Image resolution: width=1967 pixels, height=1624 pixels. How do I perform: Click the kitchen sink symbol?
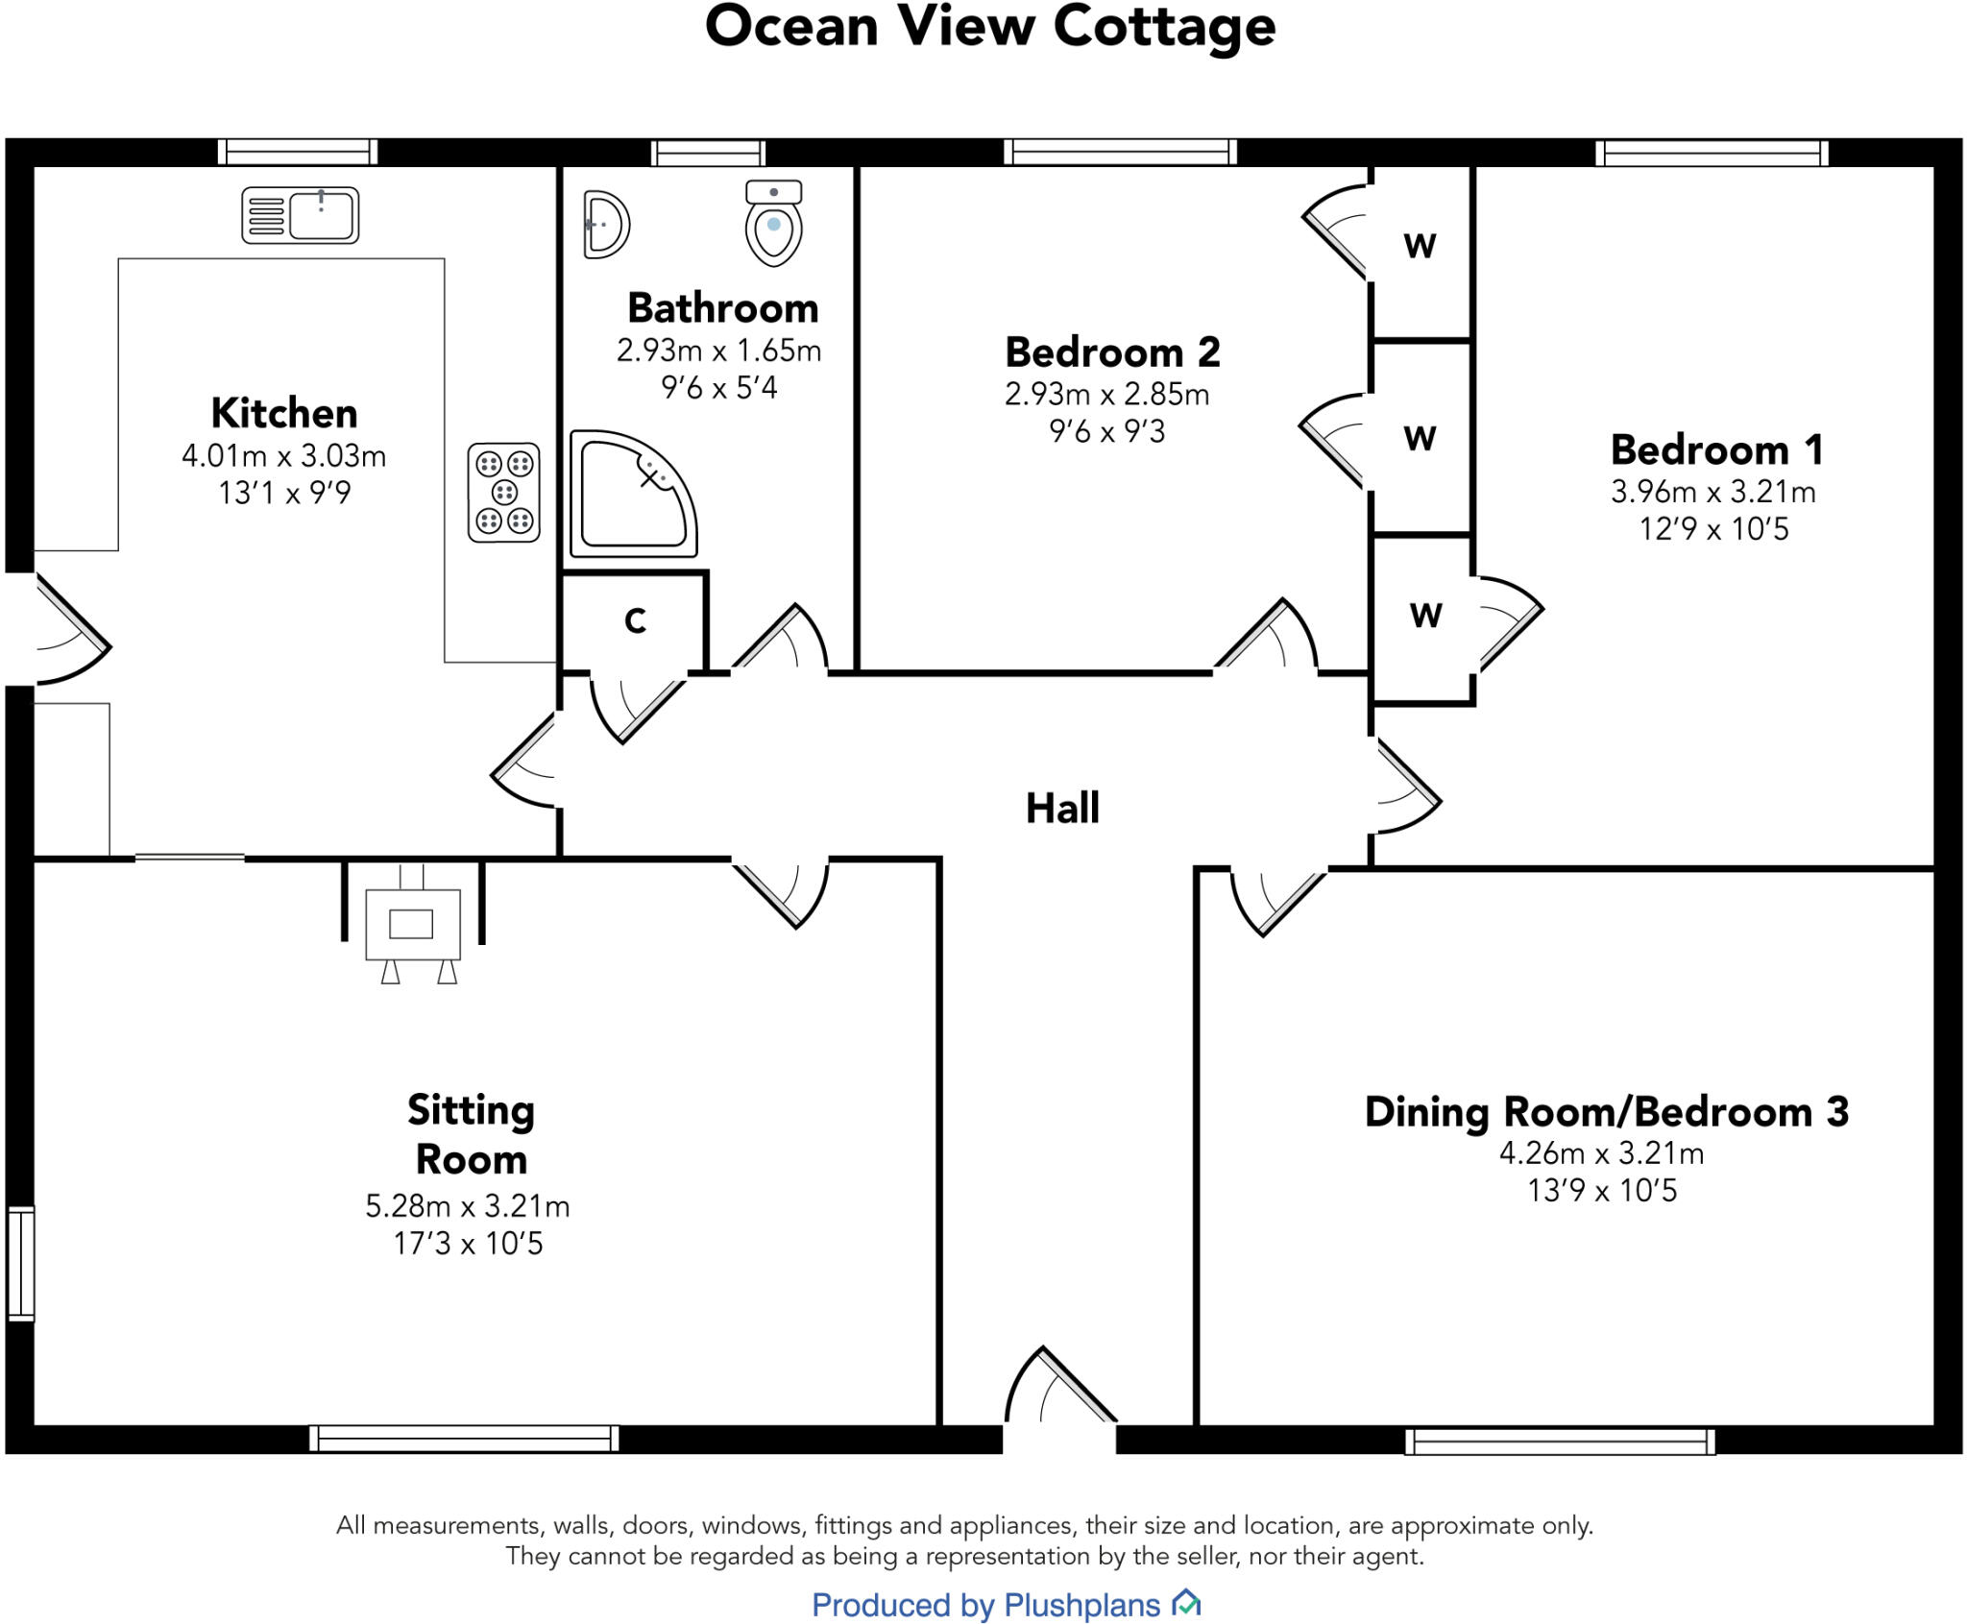coord(300,214)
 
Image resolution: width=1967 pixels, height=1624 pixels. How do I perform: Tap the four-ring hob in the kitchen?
coord(503,493)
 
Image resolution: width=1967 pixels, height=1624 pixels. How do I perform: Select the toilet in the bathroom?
coord(773,223)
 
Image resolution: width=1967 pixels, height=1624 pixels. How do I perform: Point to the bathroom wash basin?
coord(605,225)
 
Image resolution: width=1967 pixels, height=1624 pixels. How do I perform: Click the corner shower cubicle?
coord(632,495)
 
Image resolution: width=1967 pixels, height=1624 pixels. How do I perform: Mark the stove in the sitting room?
coord(413,924)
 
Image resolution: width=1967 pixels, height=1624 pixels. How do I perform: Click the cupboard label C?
coord(635,621)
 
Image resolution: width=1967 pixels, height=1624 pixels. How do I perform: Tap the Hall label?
coord(1062,808)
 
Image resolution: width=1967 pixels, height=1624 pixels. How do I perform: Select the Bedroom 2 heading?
coord(1112,352)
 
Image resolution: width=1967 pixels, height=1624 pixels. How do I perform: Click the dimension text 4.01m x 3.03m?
coord(284,455)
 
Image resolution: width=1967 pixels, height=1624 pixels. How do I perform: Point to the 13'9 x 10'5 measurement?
coord(1602,1191)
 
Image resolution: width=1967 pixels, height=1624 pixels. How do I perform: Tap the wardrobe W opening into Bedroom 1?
coord(1425,615)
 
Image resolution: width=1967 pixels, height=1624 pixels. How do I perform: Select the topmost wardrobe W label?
coord(1420,246)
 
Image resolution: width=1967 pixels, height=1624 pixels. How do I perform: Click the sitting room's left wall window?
coord(21,1263)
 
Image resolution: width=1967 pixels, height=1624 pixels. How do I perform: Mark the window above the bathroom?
coord(708,153)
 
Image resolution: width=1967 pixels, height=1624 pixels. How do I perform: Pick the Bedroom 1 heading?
coord(1716,449)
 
